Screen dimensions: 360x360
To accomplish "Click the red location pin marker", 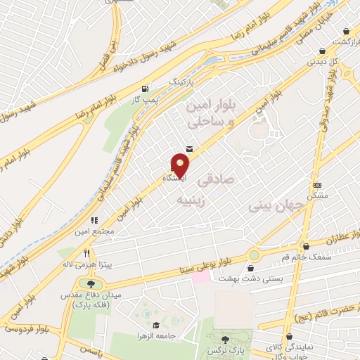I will coord(181,166).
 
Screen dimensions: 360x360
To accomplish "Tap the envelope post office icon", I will coord(189,148).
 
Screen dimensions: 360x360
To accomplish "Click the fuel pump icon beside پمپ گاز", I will coord(146,89).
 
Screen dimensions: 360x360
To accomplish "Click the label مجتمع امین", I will coord(93,231).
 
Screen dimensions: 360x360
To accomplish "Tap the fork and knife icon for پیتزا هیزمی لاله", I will coord(88,254).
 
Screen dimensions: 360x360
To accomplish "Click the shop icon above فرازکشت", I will coord(347,31).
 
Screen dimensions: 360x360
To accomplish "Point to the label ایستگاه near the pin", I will coord(174,179).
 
